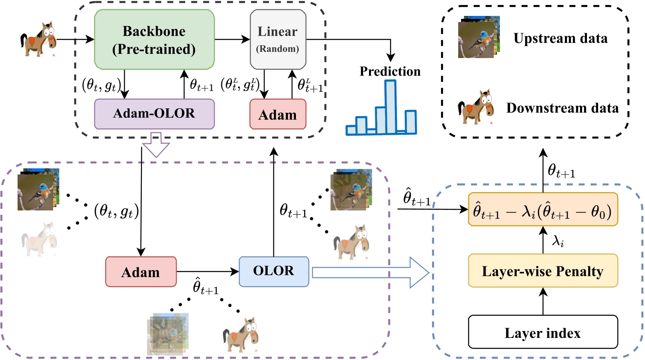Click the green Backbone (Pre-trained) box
(x=154, y=40)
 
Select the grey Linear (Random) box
(x=278, y=40)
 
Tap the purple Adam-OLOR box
(x=154, y=114)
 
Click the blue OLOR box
(x=273, y=271)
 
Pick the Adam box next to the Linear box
(x=278, y=115)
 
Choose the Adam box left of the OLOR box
(x=141, y=272)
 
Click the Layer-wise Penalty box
(x=542, y=271)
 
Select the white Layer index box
(x=542, y=333)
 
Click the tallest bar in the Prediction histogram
(x=390, y=107)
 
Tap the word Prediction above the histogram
(x=390, y=72)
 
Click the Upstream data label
(x=560, y=38)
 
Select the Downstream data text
(x=562, y=108)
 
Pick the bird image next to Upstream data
(x=477, y=38)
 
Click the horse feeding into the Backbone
(x=38, y=40)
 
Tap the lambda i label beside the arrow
(x=558, y=241)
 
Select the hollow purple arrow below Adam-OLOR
(x=156, y=144)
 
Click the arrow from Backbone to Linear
(x=232, y=40)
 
